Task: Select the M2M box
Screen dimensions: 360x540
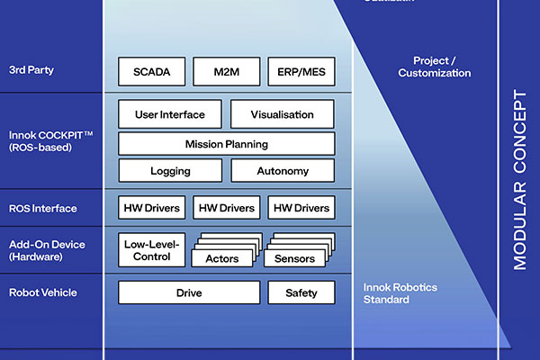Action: point(227,72)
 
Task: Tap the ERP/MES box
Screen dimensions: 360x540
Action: point(301,72)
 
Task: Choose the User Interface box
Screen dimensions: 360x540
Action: point(169,114)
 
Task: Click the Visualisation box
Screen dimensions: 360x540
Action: point(283,114)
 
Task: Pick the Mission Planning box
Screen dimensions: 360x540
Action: point(226,143)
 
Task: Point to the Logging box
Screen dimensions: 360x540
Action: point(169,171)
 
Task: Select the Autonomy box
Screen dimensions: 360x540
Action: point(283,171)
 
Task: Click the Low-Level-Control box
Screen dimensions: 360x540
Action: point(151,249)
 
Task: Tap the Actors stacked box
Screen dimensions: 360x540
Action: point(222,258)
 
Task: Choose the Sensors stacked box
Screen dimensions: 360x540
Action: point(295,258)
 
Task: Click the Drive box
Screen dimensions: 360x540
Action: point(189,292)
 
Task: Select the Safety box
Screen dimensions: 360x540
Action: point(301,292)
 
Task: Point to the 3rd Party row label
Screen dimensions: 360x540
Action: point(33,69)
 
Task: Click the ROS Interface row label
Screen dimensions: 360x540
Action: point(43,209)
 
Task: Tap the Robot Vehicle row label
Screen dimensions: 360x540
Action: point(43,292)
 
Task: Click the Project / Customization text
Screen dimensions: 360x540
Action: point(435,67)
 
